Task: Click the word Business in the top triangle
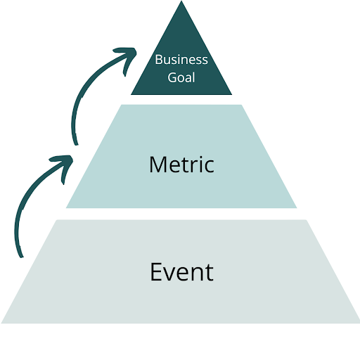point(181,59)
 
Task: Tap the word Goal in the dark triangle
point(181,77)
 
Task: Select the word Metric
point(181,165)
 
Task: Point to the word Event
point(181,271)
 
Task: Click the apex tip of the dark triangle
point(181,2)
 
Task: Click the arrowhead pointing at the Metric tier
point(65,158)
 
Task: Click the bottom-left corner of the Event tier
point(2,323)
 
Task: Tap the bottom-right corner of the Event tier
point(359,323)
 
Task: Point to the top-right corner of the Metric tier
point(242,105)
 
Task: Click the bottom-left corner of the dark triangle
point(131,94)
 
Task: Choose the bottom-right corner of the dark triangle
point(231,94)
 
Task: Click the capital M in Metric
point(157,165)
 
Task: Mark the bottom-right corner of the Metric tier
point(297,207)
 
